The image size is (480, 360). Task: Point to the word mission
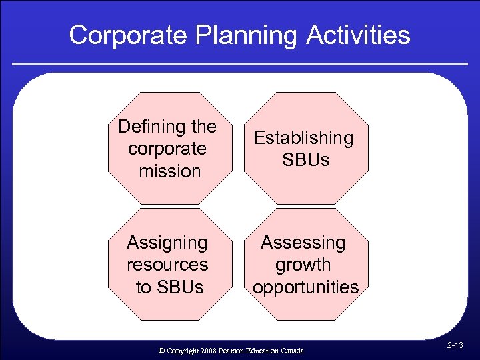point(170,171)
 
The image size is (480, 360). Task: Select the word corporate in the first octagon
point(167,149)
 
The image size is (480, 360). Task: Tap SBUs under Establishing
point(306,161)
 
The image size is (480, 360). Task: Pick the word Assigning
point(167,243)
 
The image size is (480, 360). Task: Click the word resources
point(167,265)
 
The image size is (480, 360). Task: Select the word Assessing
point(303,243)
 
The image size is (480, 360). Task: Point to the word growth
point(303,265)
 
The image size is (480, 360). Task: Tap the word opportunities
point(305,287)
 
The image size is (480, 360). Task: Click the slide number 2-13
point(456,345)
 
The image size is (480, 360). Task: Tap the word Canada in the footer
point(292,351)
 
